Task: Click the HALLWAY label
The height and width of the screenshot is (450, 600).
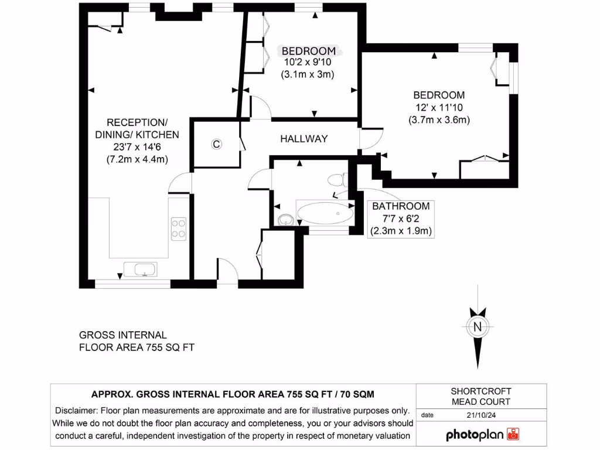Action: [x=304, y=139]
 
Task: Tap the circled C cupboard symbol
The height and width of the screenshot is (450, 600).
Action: [x=216, y=144]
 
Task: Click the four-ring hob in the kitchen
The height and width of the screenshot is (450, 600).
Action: [x=178, y=227]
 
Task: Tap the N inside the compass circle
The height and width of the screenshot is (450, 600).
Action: [x=478, y=327]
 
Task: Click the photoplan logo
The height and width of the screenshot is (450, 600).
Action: [x=483, y=435]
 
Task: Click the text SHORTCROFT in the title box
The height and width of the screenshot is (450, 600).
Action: [x=481, y=391]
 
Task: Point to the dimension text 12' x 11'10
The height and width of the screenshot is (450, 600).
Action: [x=439, y=107]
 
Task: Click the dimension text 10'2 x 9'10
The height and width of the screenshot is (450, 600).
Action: [x=308, y=62]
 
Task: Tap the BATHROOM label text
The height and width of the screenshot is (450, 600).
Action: [x=401, y=206]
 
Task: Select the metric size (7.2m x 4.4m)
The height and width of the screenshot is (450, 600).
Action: [x=137, y=159]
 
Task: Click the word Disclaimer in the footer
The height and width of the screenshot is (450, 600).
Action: [x=77, y=410]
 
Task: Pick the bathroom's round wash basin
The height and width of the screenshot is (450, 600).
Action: [x=285, y=220]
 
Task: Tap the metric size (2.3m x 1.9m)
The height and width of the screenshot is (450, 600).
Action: [x=401, y=231]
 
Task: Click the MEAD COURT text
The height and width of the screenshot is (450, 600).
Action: [x=481, y=401]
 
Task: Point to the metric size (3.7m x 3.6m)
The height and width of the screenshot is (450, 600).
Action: [x=439, y=120]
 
